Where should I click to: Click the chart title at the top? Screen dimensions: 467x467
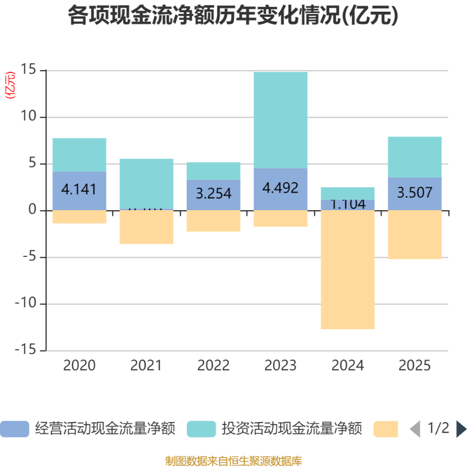233,16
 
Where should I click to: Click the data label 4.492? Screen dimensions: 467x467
281,188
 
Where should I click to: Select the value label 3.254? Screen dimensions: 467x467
214,193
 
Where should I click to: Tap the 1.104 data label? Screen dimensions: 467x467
348,204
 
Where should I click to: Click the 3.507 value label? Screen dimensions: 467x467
415,192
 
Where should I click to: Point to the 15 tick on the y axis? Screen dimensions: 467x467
29,71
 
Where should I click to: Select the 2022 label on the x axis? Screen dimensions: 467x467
214,366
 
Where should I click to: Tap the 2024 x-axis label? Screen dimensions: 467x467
348,366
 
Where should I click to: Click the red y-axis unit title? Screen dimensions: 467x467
10,86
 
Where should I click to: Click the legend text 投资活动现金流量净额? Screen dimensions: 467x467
292,429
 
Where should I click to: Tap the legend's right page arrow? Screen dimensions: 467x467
461,429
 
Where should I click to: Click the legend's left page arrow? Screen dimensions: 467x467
414,429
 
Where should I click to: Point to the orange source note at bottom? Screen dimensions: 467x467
233,461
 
